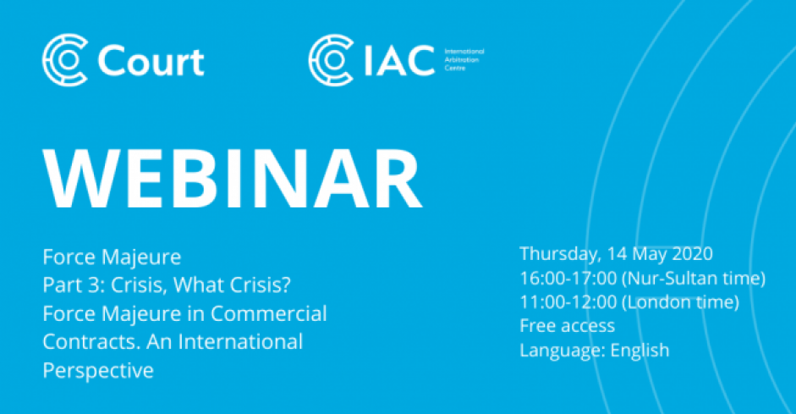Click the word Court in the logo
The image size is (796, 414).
click(151, 62)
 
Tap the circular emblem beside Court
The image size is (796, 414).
click(65, 60)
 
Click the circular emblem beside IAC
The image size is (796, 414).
click(331, 60)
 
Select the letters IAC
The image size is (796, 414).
click(399, 60)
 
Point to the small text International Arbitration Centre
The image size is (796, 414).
click(464, 59)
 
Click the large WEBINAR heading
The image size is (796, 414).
click(233, 179)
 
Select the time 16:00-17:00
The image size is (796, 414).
click(568, 278)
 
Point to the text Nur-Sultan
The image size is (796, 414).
click(668, 278)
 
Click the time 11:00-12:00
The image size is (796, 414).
click(568, 301)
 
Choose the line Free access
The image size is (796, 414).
click(567, 326)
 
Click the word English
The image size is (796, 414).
click(640, 351)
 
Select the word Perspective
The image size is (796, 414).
click(98, 371)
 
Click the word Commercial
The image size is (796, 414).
click(268, 313)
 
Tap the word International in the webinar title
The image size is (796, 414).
click(240, 342)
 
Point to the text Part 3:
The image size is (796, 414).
click(74, 285)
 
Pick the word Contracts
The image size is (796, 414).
click(91, 342)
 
